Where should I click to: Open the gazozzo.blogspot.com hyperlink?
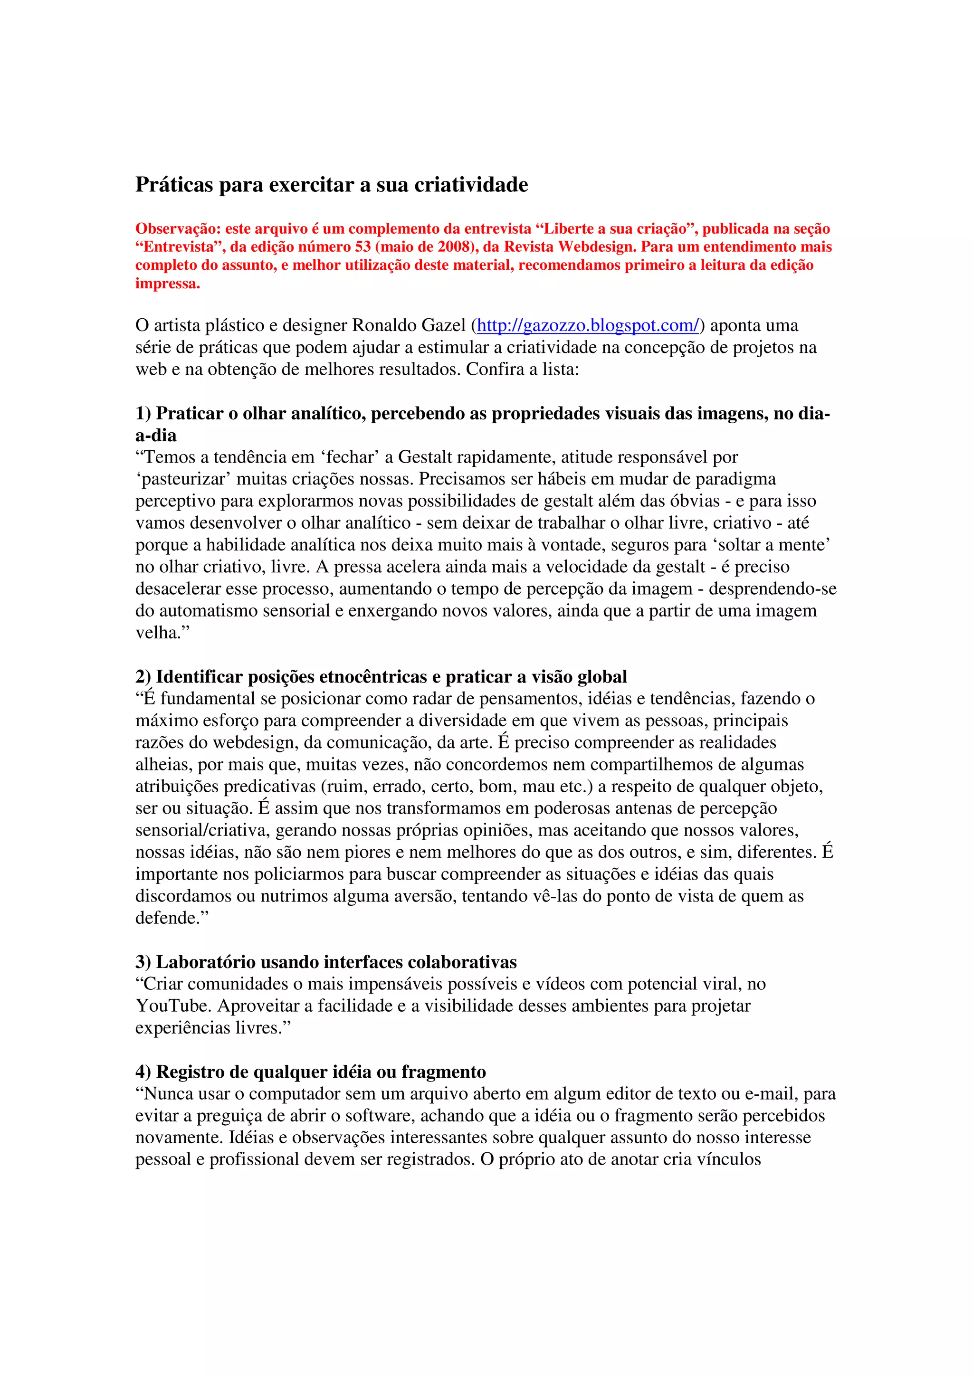point(588,325)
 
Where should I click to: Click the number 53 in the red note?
point(362,247)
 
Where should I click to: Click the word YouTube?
point(174,1006)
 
